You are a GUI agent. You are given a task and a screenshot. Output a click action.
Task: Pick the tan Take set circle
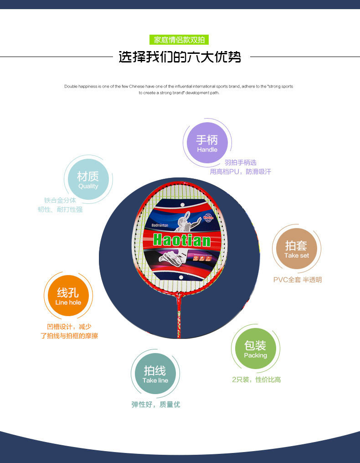[x=296, y=249]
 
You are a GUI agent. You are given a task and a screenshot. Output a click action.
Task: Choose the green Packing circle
[x=255, y=349]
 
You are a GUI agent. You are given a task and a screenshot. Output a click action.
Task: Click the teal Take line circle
[x=155, y=374]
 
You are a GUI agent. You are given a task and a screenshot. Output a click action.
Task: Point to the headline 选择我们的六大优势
[x=180, y=57]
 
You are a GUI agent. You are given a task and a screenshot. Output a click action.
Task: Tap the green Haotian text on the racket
[x=182, y=240]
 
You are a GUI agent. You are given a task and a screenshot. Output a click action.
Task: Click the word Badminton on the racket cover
[x=160, y=225]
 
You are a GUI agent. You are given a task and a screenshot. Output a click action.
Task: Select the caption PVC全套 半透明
[x=297, y=280]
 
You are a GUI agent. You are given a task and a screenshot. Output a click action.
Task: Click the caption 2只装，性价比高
[x=256, y=380]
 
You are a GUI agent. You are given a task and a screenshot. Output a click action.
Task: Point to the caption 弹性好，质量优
[x=156, y=405]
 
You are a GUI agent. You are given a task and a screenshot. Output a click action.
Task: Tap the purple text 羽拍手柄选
[x=240, y=163]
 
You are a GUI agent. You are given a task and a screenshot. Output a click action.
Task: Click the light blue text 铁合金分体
[x=60, y=200]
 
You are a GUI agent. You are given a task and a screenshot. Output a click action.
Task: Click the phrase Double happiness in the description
[x=80, y=86]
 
